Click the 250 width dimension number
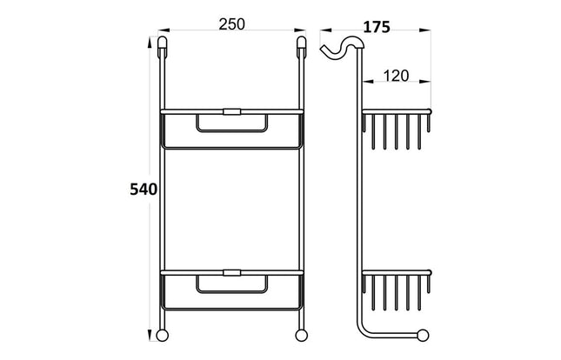(230, 25)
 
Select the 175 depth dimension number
(376, 26)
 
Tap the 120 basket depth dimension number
(397, 77)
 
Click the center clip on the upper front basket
(231, 111)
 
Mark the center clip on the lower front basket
(231, 273)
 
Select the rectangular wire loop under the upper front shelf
(231, 124)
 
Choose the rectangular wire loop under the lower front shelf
(231, 286)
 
